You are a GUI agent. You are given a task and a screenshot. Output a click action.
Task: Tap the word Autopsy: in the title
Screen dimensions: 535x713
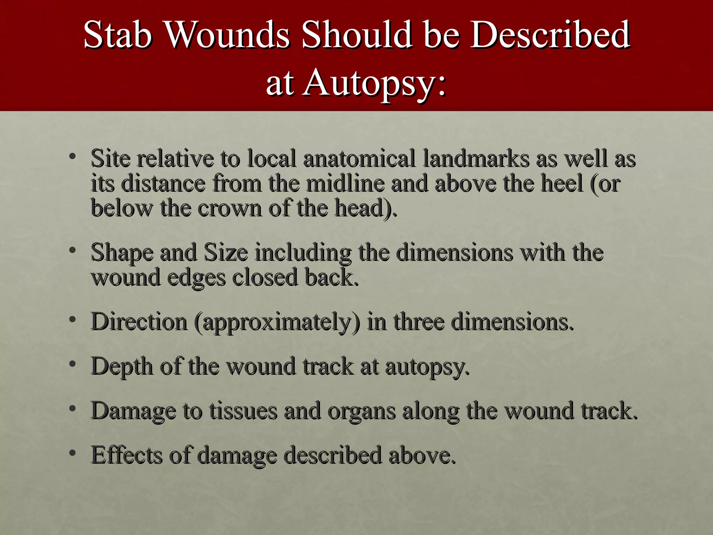click(x=374, y=82)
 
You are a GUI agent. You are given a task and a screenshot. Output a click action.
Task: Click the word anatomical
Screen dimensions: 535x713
click(x=359, y=158)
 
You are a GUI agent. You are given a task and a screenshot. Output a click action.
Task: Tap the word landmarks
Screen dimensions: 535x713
click(x=476, y=158)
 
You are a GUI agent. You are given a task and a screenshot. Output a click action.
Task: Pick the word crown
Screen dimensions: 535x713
click(x=229, y=208)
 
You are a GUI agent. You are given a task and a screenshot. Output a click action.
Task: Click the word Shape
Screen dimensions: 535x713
click(x=122, y=253)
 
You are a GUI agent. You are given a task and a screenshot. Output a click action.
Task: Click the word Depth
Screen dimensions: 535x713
click(x=122, y=366)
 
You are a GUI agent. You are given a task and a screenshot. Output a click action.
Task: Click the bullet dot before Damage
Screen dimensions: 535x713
click(x=72, y=408)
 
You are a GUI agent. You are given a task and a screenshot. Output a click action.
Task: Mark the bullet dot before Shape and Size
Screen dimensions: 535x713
click(x=72, y=250)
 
